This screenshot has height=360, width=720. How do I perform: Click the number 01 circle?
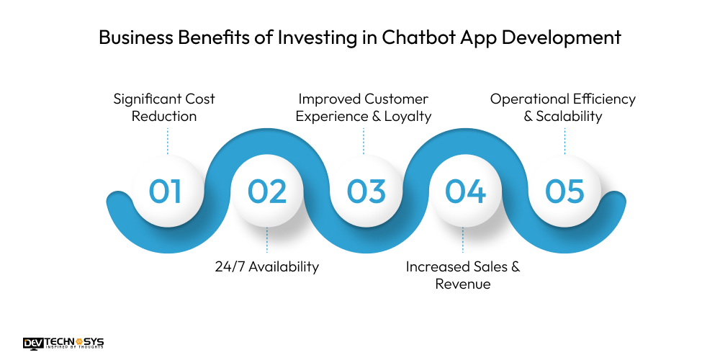[x=166, y=192]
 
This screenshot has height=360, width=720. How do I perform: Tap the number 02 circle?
[x=267, y=192]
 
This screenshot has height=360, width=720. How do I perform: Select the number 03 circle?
[x=366, y=192]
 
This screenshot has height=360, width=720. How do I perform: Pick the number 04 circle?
[x=464, y=192]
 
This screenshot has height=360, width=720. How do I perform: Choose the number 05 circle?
[x=564, y=192]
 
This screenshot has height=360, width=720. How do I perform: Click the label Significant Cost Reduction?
[x=164, y=107]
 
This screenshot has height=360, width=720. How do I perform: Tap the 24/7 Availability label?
[x=266, y=266]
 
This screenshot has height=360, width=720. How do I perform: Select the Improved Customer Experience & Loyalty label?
[x=364, y=107]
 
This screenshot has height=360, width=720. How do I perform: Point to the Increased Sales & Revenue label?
[x=463, y=275]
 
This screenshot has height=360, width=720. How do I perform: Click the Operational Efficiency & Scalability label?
[x=563, y=107]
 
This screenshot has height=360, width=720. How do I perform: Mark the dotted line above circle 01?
[x=167, y=140]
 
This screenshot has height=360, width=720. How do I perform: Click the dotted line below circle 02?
[x=267, y=240]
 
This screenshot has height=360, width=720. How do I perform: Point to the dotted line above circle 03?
[x=364, y=140]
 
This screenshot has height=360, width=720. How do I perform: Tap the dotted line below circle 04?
[x=463, y=240]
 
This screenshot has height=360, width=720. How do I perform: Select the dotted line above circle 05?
[x=564, y=140]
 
